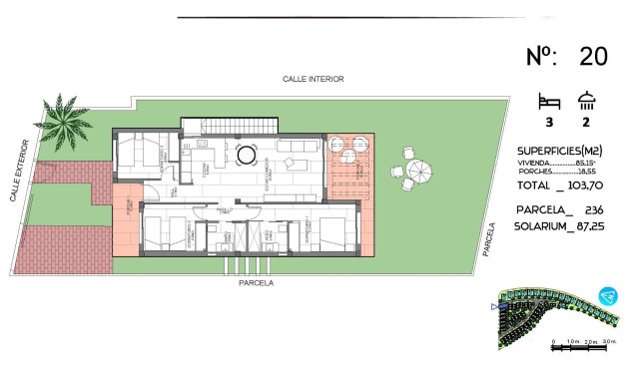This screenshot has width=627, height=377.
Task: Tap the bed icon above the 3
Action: tap(547, 102)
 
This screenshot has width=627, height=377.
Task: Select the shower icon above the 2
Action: tap(586, 101)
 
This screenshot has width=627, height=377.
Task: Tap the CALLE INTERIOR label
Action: tap(313, 79)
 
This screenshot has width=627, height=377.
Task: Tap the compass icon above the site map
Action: tap(605, 296)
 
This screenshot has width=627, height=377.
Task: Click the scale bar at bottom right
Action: tap(579, 343)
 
